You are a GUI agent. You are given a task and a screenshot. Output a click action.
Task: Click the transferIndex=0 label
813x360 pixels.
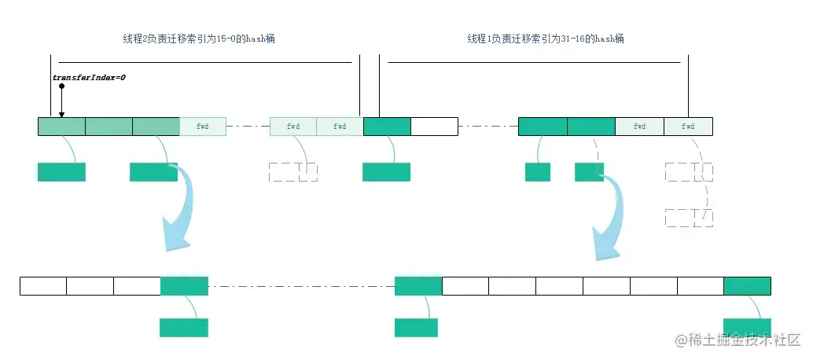[x=89, y=77]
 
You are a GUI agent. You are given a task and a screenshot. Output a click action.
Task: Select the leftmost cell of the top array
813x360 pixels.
[x=61, y=126]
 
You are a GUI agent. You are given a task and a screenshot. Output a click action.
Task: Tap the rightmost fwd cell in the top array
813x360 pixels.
[x=688, y=126]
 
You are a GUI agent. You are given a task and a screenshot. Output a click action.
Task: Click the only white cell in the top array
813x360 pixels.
[x=434, y=126]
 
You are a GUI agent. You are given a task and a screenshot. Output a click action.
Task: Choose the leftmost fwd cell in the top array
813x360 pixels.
[x=203, y=126]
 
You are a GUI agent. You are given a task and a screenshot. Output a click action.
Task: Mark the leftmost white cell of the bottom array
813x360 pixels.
[x=43, y=285]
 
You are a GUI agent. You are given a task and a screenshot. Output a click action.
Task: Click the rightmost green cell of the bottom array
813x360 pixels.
[x=747, y=285]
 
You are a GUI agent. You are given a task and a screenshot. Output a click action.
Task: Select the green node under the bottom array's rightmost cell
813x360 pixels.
[x=747, y=328]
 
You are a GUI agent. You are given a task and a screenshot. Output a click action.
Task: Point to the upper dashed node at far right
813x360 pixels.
[x=689, y=172]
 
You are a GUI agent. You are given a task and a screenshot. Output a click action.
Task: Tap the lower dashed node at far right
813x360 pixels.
[x=689, y=218]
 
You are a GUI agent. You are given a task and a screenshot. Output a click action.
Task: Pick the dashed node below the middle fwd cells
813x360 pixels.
[x=292, y=172]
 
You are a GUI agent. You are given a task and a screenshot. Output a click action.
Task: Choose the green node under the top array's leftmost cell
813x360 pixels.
[x=61, y=172]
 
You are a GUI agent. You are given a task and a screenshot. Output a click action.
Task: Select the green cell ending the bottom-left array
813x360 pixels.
[x=184, y=285]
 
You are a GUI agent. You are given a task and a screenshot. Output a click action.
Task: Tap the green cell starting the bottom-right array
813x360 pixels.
[x=418, y=285]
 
